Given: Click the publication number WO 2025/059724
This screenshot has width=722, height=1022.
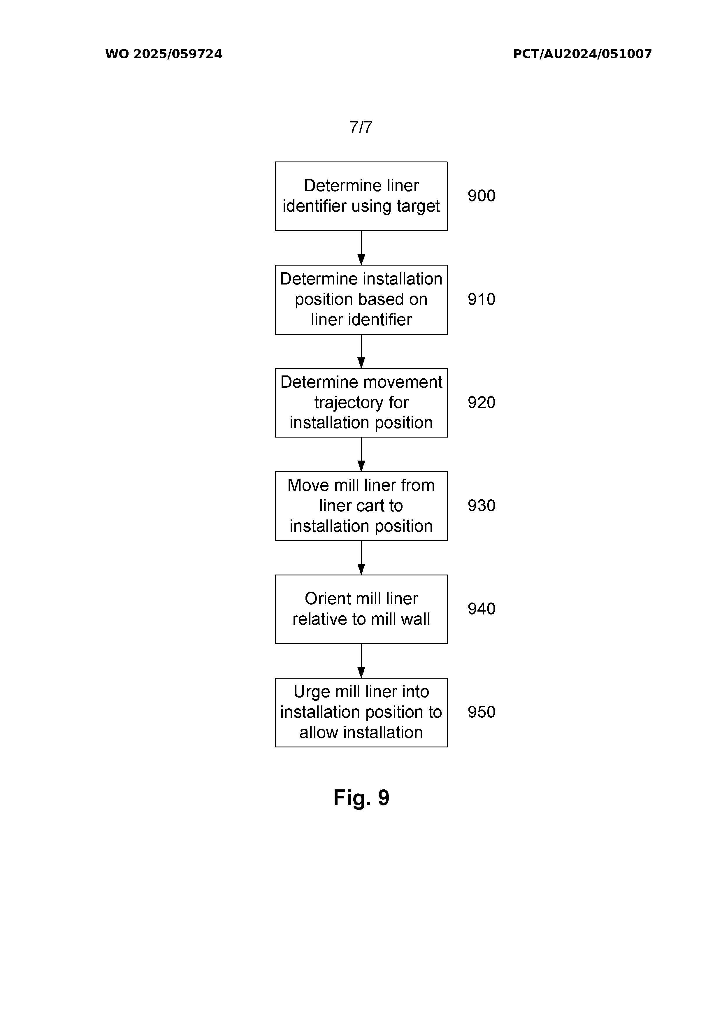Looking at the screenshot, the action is (x=163, y=54).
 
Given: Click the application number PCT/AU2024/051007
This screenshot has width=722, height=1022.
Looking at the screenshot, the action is (x=582, y=54).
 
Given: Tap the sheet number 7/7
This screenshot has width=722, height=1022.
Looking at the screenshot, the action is (x=361, y=127).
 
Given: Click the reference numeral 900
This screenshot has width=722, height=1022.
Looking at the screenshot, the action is (x=481, y=196).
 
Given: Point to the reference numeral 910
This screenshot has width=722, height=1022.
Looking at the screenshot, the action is (x=481, y=299).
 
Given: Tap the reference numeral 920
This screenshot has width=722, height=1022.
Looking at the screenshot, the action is (x=481, y=402).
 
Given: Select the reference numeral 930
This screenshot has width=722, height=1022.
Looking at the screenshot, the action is (x=481, y=506).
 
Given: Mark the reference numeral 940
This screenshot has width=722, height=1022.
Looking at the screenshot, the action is (x=481, y=609).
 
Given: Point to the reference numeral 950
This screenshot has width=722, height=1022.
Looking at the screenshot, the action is (x=481, y=712).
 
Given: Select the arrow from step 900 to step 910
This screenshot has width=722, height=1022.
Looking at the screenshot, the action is (x=361, y=248).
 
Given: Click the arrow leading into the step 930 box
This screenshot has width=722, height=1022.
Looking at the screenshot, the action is (x=361, y=454).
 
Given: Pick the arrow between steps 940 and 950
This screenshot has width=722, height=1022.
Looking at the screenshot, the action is (x=361, y=661).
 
